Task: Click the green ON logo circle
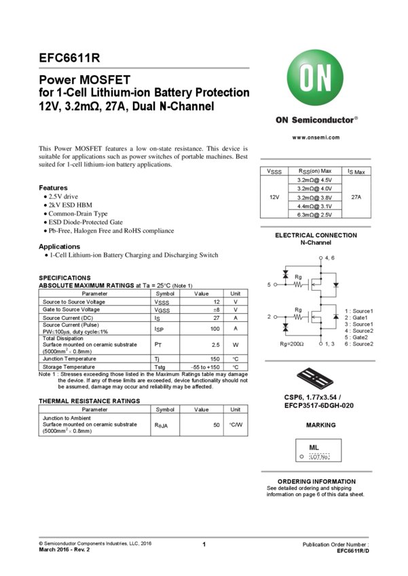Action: [x=316, y=79]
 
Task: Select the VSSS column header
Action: [x=274, y=171]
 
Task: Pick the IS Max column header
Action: [x=356, y=171]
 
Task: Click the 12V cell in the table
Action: [x=274, y=197]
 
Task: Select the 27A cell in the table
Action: [x=356, y=197]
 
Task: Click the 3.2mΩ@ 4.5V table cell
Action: [x=314, y=180]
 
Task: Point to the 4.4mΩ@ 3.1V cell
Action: [x=314, y=206]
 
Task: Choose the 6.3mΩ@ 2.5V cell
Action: [x=314, y=215]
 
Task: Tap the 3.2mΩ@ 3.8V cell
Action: [x=314, y=197]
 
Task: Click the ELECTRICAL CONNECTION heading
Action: [x=316, y=235]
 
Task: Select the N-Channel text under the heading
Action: [x=316, y=242]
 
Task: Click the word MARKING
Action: [x=320, y=425]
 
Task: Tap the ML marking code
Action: [x=314, y=448]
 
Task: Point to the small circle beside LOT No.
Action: [x=301, y=457]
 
